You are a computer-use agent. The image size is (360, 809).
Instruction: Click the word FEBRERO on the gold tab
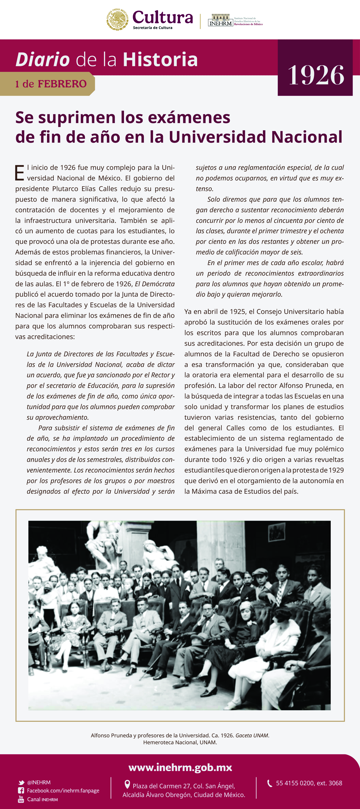pos(62,84)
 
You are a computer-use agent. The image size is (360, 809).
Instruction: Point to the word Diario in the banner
pos(43,59)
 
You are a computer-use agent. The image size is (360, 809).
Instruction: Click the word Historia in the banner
pos(160,59)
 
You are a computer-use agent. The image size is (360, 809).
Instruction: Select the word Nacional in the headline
pos(307,137)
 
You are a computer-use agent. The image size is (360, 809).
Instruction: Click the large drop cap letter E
pos(20,173)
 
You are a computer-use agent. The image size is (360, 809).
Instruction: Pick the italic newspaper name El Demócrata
pos(155,284)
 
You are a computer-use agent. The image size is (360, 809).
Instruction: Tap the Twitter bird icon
pos(21,783)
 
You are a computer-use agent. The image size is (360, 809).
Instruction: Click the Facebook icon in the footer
pos(21,791)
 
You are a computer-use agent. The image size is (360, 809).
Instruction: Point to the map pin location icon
pos(127,785)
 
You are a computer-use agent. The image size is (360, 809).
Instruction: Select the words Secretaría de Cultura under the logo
pos(153,28)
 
